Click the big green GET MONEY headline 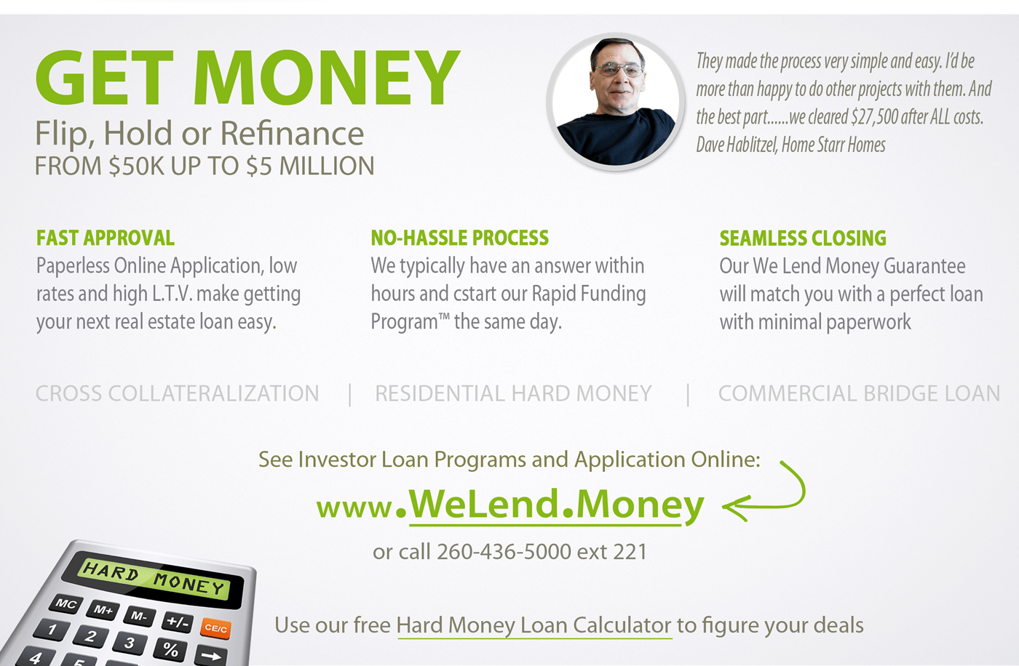tap(247, 79)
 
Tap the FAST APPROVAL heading tap(106, 238)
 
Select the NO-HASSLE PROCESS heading tap(459, 238)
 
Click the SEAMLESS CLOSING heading tap(803, 238)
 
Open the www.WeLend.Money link tap(510, 505)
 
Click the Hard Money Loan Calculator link tap(534, 625)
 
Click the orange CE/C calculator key tap(215, 628)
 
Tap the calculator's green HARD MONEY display tap(154, 578)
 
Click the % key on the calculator tap(171, 649)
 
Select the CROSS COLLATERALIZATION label tap(177, 393)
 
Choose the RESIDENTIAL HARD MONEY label tap(513, 393)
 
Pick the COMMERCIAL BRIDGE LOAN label tap(859, 393)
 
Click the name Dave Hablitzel tap(736, 145)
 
